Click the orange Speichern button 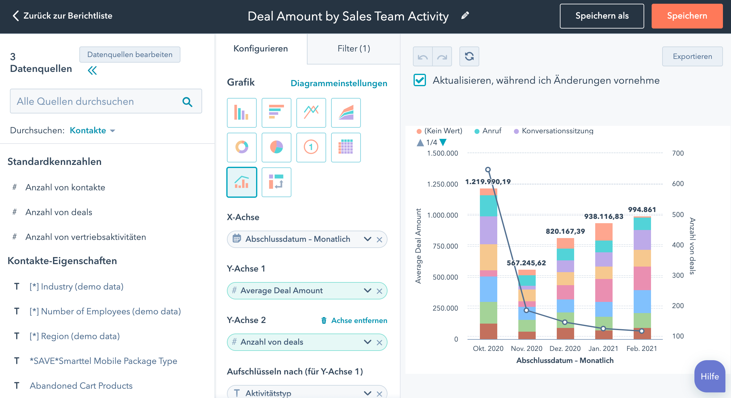click(687, 16)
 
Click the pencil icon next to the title click(465, 15)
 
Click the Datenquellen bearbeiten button click(130, 55)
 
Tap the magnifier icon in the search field click(187, 102)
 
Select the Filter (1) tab click(353, 49)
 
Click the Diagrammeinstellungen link click(339, 83)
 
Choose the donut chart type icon click(241, 147)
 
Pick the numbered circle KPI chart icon click(311, 147)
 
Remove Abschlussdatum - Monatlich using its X click(379, 240)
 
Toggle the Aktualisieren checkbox click(420, 80)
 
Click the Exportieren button click(692, 56)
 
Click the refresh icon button click(469, 56)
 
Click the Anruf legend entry click(491, 131)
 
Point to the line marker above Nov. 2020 click(526, 310)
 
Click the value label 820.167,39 click(565, 231)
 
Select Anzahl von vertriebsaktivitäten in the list click(86, 237)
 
